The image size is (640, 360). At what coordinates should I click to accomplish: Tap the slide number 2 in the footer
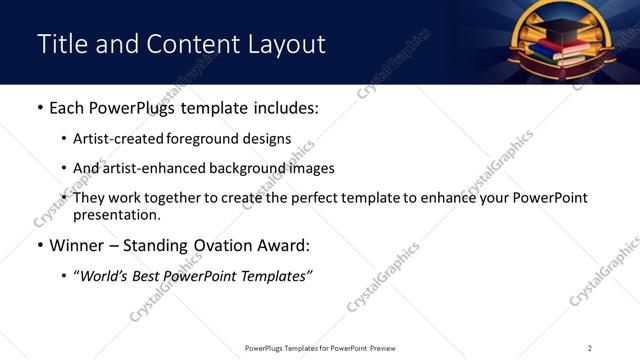point(590,348)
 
